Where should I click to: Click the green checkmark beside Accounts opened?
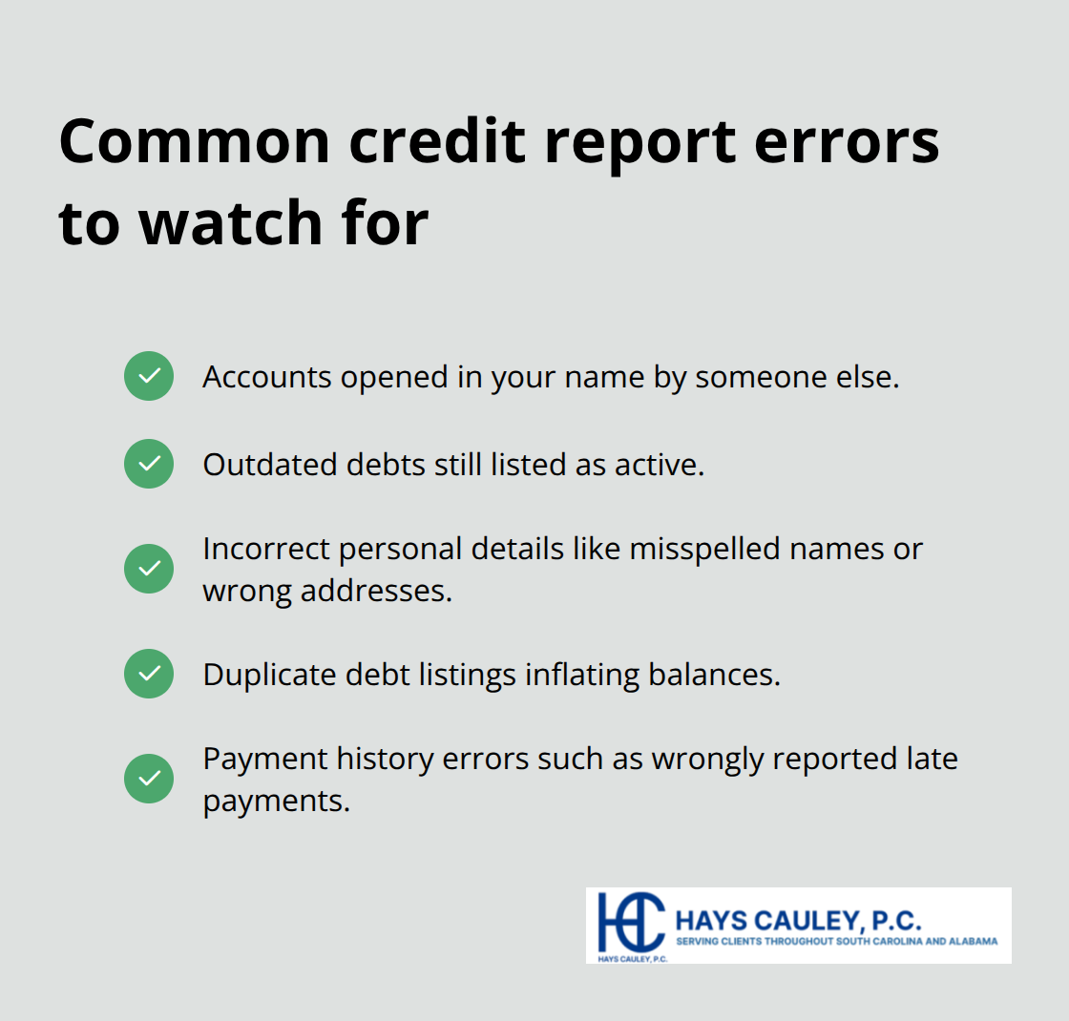pyautogui.click(x=149, y=376)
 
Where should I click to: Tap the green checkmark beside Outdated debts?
pyautogui.click(x=149, y=464)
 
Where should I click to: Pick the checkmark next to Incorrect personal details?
pyautogui.click(x=149, y=569)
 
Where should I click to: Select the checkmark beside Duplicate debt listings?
pyautogui.click(x=149, y=674)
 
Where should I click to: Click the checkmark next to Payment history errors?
pyautogui.click(x=149, y=779)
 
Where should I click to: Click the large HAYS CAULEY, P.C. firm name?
pyautogui.click(x=798, y=921)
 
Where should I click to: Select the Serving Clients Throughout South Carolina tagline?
pyautogui.click(x=836, y=941)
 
